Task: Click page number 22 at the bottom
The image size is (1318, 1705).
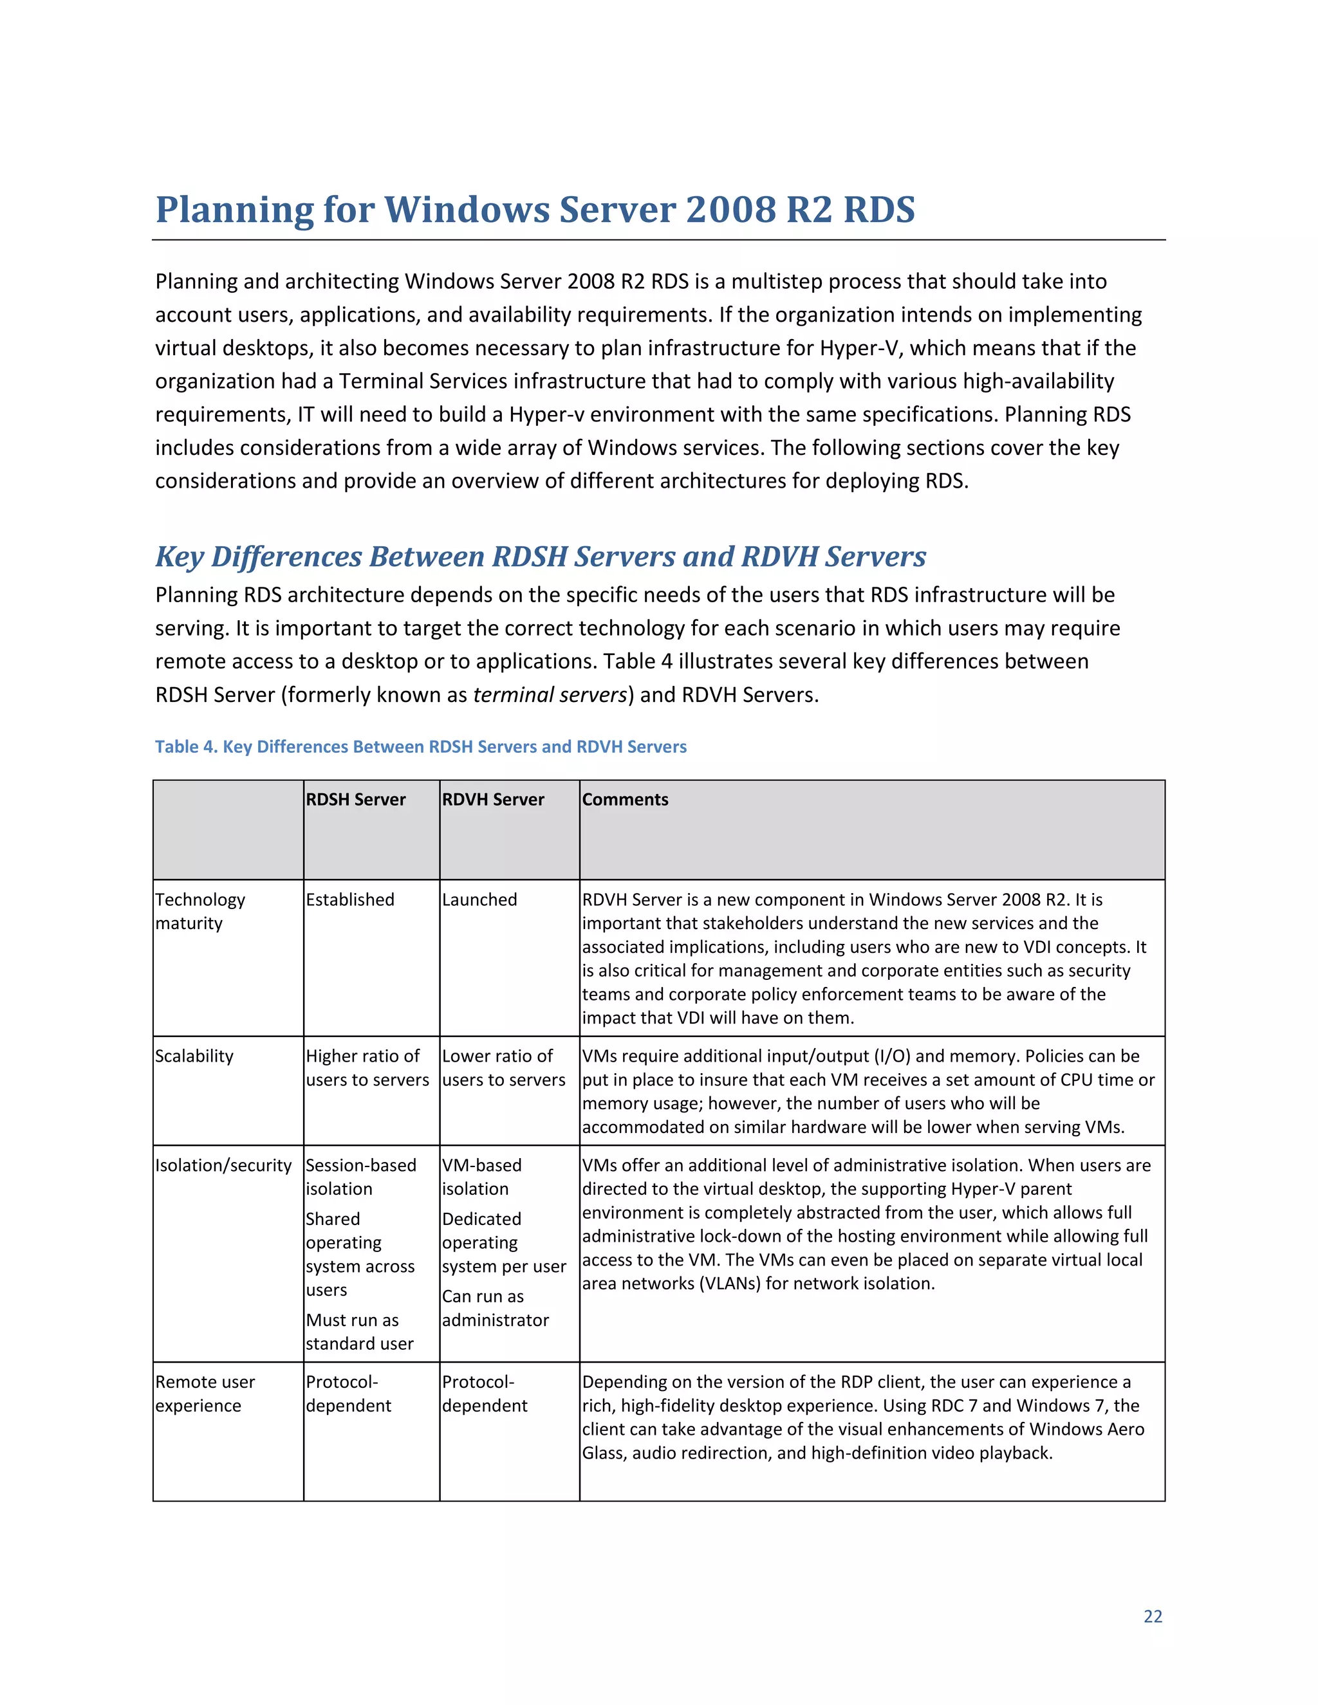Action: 1153,1616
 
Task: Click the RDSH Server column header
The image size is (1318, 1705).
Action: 355,799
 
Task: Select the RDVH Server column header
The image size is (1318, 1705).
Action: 493,799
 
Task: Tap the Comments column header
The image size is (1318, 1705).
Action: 625,799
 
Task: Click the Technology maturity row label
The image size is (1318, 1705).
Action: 200,911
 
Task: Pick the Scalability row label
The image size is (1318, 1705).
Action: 194,1056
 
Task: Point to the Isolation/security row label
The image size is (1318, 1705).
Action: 223,1166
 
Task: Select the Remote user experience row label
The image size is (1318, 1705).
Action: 205,1394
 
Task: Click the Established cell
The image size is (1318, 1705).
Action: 350,899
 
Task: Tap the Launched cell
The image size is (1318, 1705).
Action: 479,899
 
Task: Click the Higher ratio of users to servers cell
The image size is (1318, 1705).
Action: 366,1068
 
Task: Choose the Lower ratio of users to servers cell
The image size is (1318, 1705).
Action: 503,1068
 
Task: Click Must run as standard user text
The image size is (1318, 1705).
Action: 359,1332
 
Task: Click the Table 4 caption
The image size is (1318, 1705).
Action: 420,746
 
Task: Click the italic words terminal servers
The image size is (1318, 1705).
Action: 550,695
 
